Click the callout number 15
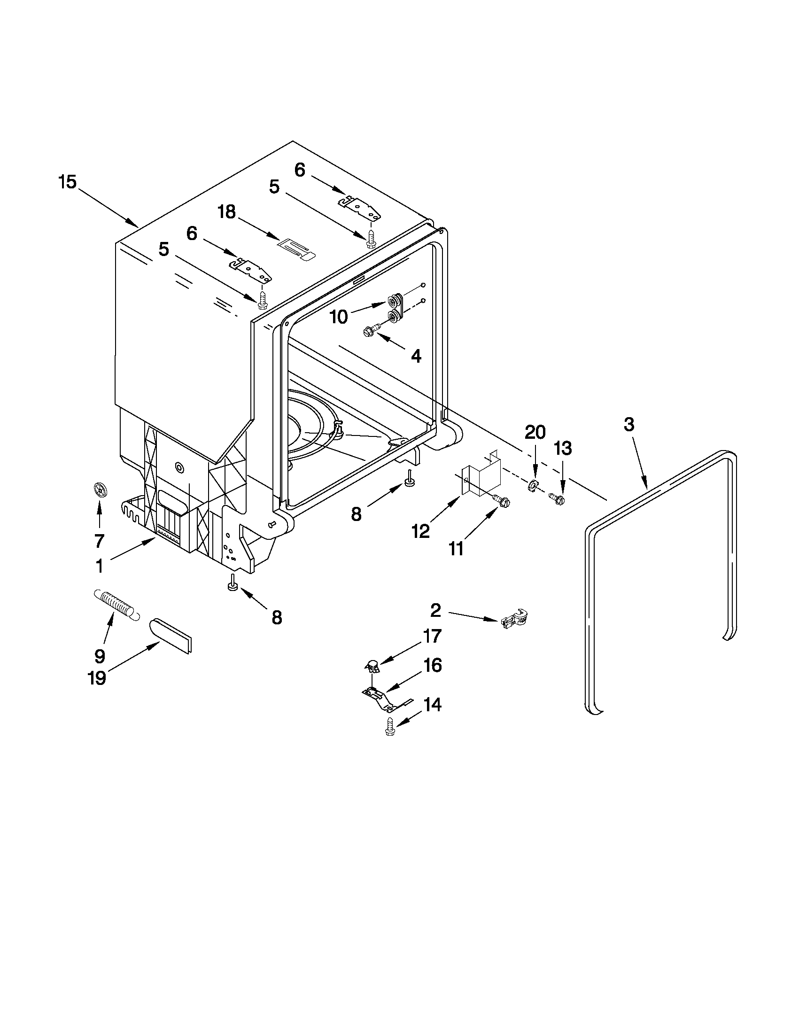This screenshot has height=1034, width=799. coord(67,182)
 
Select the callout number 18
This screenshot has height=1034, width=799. coord(227,212)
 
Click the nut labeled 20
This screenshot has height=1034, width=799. coord(532,484)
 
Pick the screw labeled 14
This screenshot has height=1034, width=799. coord(390,726)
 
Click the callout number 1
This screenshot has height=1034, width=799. coord(100,566)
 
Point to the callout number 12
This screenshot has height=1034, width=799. coord(420,531)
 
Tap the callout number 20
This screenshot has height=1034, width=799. coord(535,432)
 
